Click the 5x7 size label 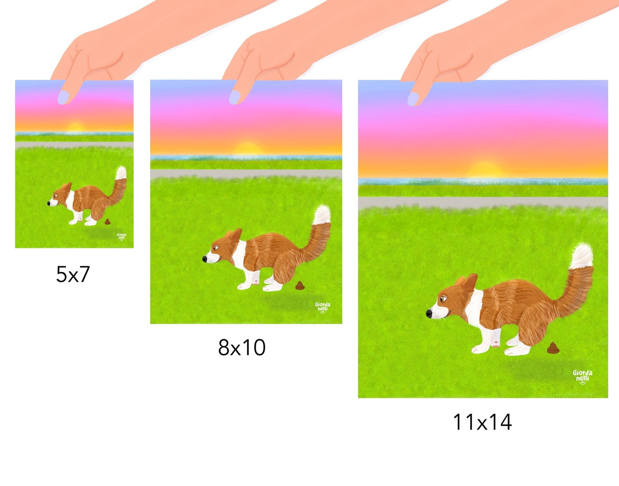73,274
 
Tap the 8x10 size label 242,347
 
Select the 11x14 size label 482,422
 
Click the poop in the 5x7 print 108,221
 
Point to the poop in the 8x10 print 300,285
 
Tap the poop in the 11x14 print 553,348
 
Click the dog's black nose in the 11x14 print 429,314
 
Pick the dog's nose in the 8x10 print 204,259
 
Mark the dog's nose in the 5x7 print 49,203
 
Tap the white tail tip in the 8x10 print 322,215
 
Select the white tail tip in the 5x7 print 121,173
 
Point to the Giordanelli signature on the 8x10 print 323,307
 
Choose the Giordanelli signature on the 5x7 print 121,237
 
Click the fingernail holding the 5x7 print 63,97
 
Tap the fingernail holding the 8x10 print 235,97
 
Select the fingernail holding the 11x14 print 413,99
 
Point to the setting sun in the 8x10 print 247,148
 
